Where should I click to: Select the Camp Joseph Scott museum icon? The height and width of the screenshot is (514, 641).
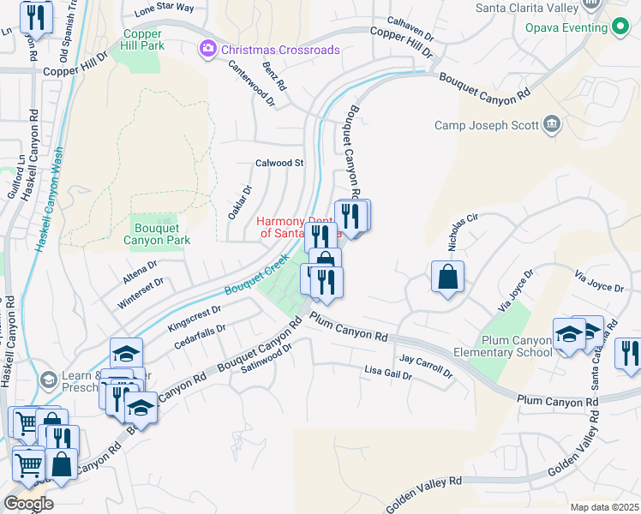click(551, 126)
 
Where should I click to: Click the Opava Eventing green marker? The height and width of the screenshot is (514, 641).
click(620, 27)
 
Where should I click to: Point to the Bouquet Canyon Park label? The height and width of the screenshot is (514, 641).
click(156, 234)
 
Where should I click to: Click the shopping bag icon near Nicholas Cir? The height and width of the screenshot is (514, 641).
click(447, 277)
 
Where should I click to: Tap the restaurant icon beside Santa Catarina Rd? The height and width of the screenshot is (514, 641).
click(630, 353)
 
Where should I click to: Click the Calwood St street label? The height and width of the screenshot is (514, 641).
click(279, 163)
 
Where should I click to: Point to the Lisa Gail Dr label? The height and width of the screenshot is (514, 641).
click(388, 373)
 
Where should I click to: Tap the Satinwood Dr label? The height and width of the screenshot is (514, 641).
click(267, 358)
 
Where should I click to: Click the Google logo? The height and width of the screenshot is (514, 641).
click(27, 504)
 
